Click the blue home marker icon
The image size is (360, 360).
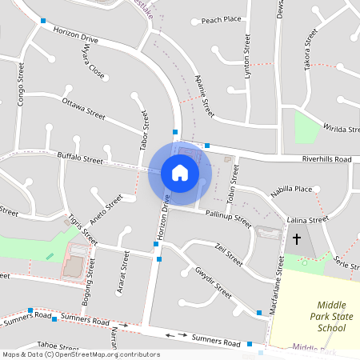coord(180,172)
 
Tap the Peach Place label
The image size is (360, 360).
coord(222,20)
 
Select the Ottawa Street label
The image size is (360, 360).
coord(83,108)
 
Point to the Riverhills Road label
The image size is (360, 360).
coord(326,160)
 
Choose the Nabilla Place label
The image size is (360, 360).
coord(291,190)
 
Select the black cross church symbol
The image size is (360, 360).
coord(297,239)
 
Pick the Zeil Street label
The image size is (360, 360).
coord(229,255)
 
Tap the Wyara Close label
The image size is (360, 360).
coord(93,62)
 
